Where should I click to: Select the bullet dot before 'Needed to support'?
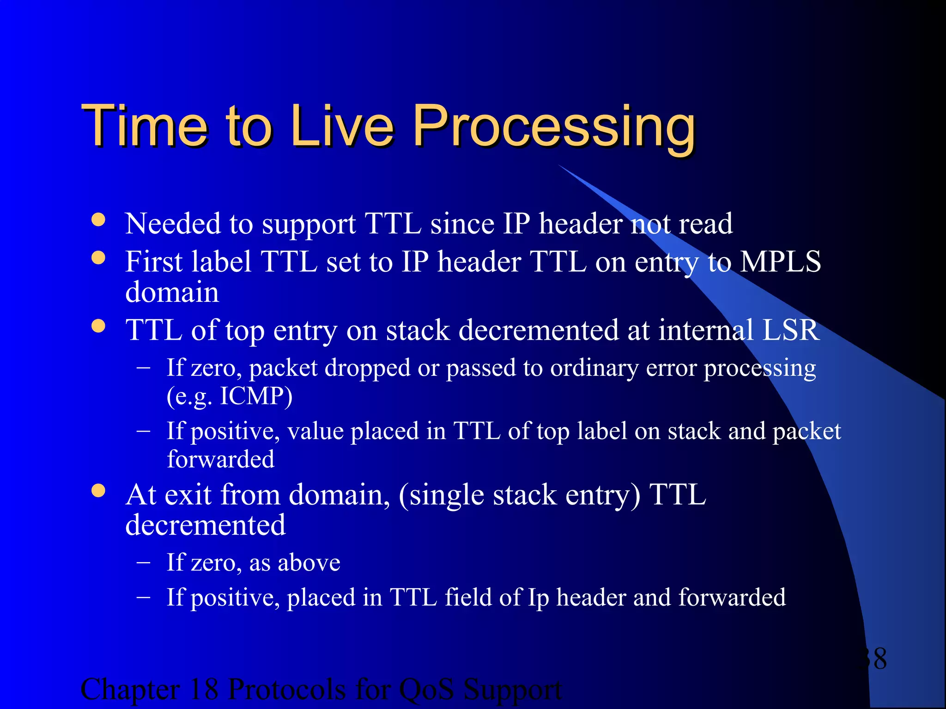(98, 220)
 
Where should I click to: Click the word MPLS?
(780, 262)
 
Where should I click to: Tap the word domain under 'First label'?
(172, 292)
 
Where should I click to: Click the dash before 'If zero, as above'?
(144, 563)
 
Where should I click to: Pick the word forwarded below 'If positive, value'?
(220, 459)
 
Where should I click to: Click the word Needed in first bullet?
(173, 224)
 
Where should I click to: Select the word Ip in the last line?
(538, 598)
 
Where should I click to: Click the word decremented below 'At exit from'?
(206, 525)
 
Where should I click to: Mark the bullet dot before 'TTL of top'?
(98, 326)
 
